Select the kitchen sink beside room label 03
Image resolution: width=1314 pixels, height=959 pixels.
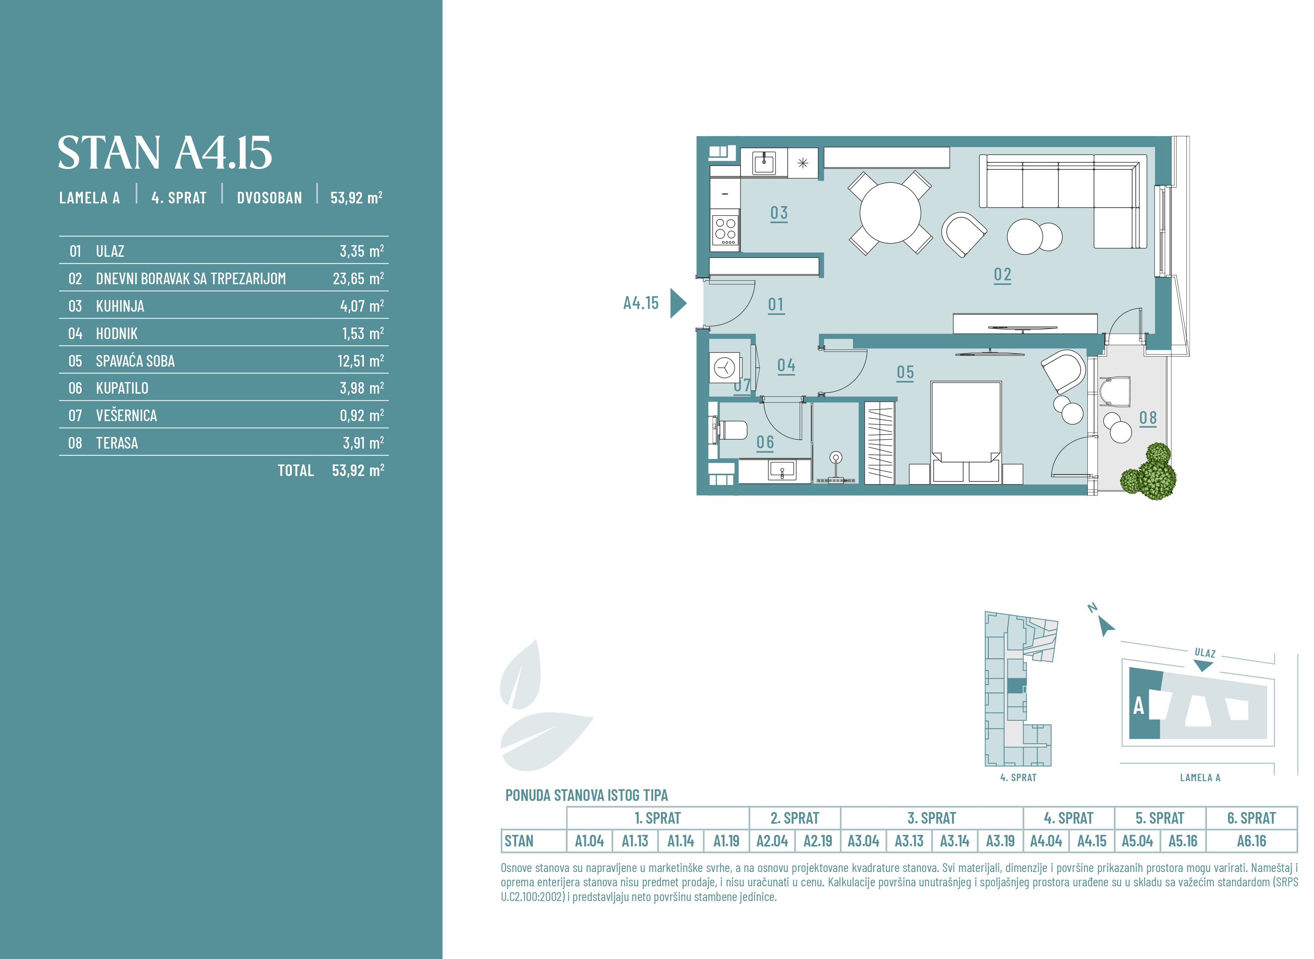[x=764, y=163]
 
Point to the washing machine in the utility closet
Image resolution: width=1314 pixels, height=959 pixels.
[x=725, y=367]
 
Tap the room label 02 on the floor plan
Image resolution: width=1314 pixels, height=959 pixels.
[x=1002, y=275]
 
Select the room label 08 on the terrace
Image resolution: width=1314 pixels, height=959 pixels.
[x=1147, y=418]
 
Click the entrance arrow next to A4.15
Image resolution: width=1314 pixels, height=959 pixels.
[x=678, y=303]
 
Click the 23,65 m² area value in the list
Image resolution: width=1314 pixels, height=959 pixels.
[x=358, y=279]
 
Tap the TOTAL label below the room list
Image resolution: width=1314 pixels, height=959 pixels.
[x=295, y=470]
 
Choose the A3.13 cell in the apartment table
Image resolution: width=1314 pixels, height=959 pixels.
[x=909, y=841]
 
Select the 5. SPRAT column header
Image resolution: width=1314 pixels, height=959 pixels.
[x=1160, y=818]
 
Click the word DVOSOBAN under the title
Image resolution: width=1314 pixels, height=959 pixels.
[x=269, y=198]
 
